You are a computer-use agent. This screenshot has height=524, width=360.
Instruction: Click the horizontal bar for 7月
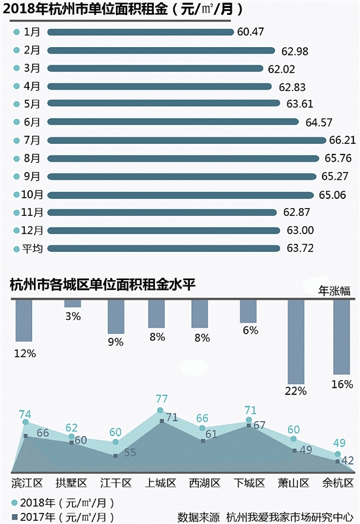click(x=186, y=140)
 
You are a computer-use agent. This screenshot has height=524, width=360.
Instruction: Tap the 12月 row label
click(x=32, y=230)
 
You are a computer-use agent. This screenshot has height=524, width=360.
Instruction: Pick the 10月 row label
click(x=32, y=194)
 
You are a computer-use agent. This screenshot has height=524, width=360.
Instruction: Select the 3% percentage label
click(x=73, y=317)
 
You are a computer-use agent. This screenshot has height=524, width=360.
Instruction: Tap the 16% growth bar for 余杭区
click(x=342, y=336)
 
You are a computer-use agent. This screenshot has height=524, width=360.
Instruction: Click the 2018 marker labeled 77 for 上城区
click(x=160, y=411)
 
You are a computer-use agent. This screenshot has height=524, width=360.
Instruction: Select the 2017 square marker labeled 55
click(x=115, y=455)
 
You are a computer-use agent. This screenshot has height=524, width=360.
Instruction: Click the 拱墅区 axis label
click(x=71, y=483)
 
